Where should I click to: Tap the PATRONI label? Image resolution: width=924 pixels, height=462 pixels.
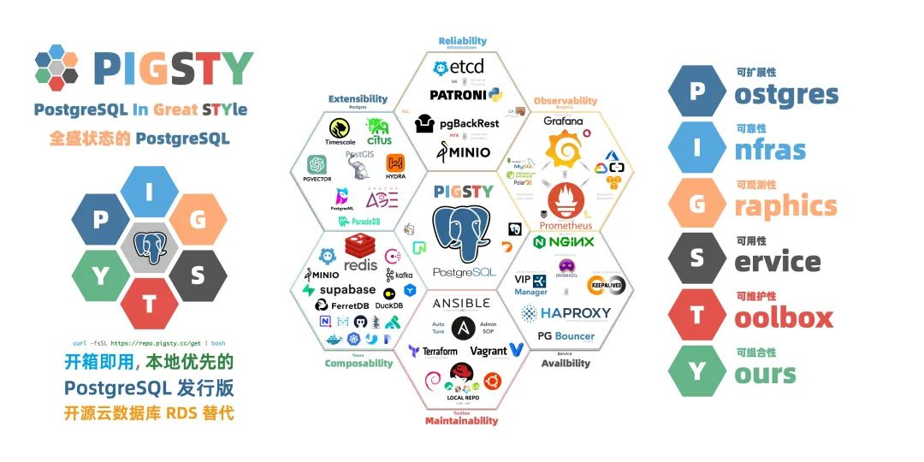(x=458, y=94)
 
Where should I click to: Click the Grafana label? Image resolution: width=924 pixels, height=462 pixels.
(x=563, y=121)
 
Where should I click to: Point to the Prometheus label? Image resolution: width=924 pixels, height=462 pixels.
(x=565, y=226)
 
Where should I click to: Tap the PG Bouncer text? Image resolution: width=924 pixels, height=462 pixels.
(x=566, y=335)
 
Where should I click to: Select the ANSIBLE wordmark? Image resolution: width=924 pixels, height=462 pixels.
(x=461, y=304)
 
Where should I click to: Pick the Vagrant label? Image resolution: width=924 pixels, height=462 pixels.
(x=489, y=351)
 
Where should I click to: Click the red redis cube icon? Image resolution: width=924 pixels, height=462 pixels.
(x=360, y=247)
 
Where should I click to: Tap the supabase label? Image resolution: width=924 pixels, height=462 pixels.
(x=348, y=290)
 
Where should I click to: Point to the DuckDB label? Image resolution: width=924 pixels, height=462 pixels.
(x=388, y=305)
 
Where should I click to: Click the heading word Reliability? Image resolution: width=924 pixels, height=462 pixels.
(x=462, y=40)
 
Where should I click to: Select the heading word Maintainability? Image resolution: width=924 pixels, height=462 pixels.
(x=461, y=420)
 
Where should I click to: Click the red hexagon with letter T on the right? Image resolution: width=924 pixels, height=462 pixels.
(x=696, y=316)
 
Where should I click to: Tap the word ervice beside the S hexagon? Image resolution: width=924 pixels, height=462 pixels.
(x=777, y=261)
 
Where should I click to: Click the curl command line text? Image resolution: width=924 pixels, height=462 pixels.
(x=146, y=341)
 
